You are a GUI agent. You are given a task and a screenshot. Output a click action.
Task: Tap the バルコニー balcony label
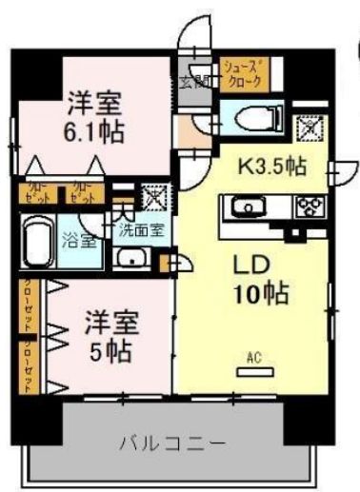coord(171,443)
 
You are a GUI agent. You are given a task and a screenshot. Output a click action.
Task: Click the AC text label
coord(254,358)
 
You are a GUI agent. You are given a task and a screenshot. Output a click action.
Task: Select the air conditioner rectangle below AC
coord(254,372)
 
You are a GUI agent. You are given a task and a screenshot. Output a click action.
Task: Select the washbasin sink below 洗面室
coord(132,257)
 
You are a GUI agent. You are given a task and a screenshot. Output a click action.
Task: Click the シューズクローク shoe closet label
coord(243,74)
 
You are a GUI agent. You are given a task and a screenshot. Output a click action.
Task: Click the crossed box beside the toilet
coord(310,125)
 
